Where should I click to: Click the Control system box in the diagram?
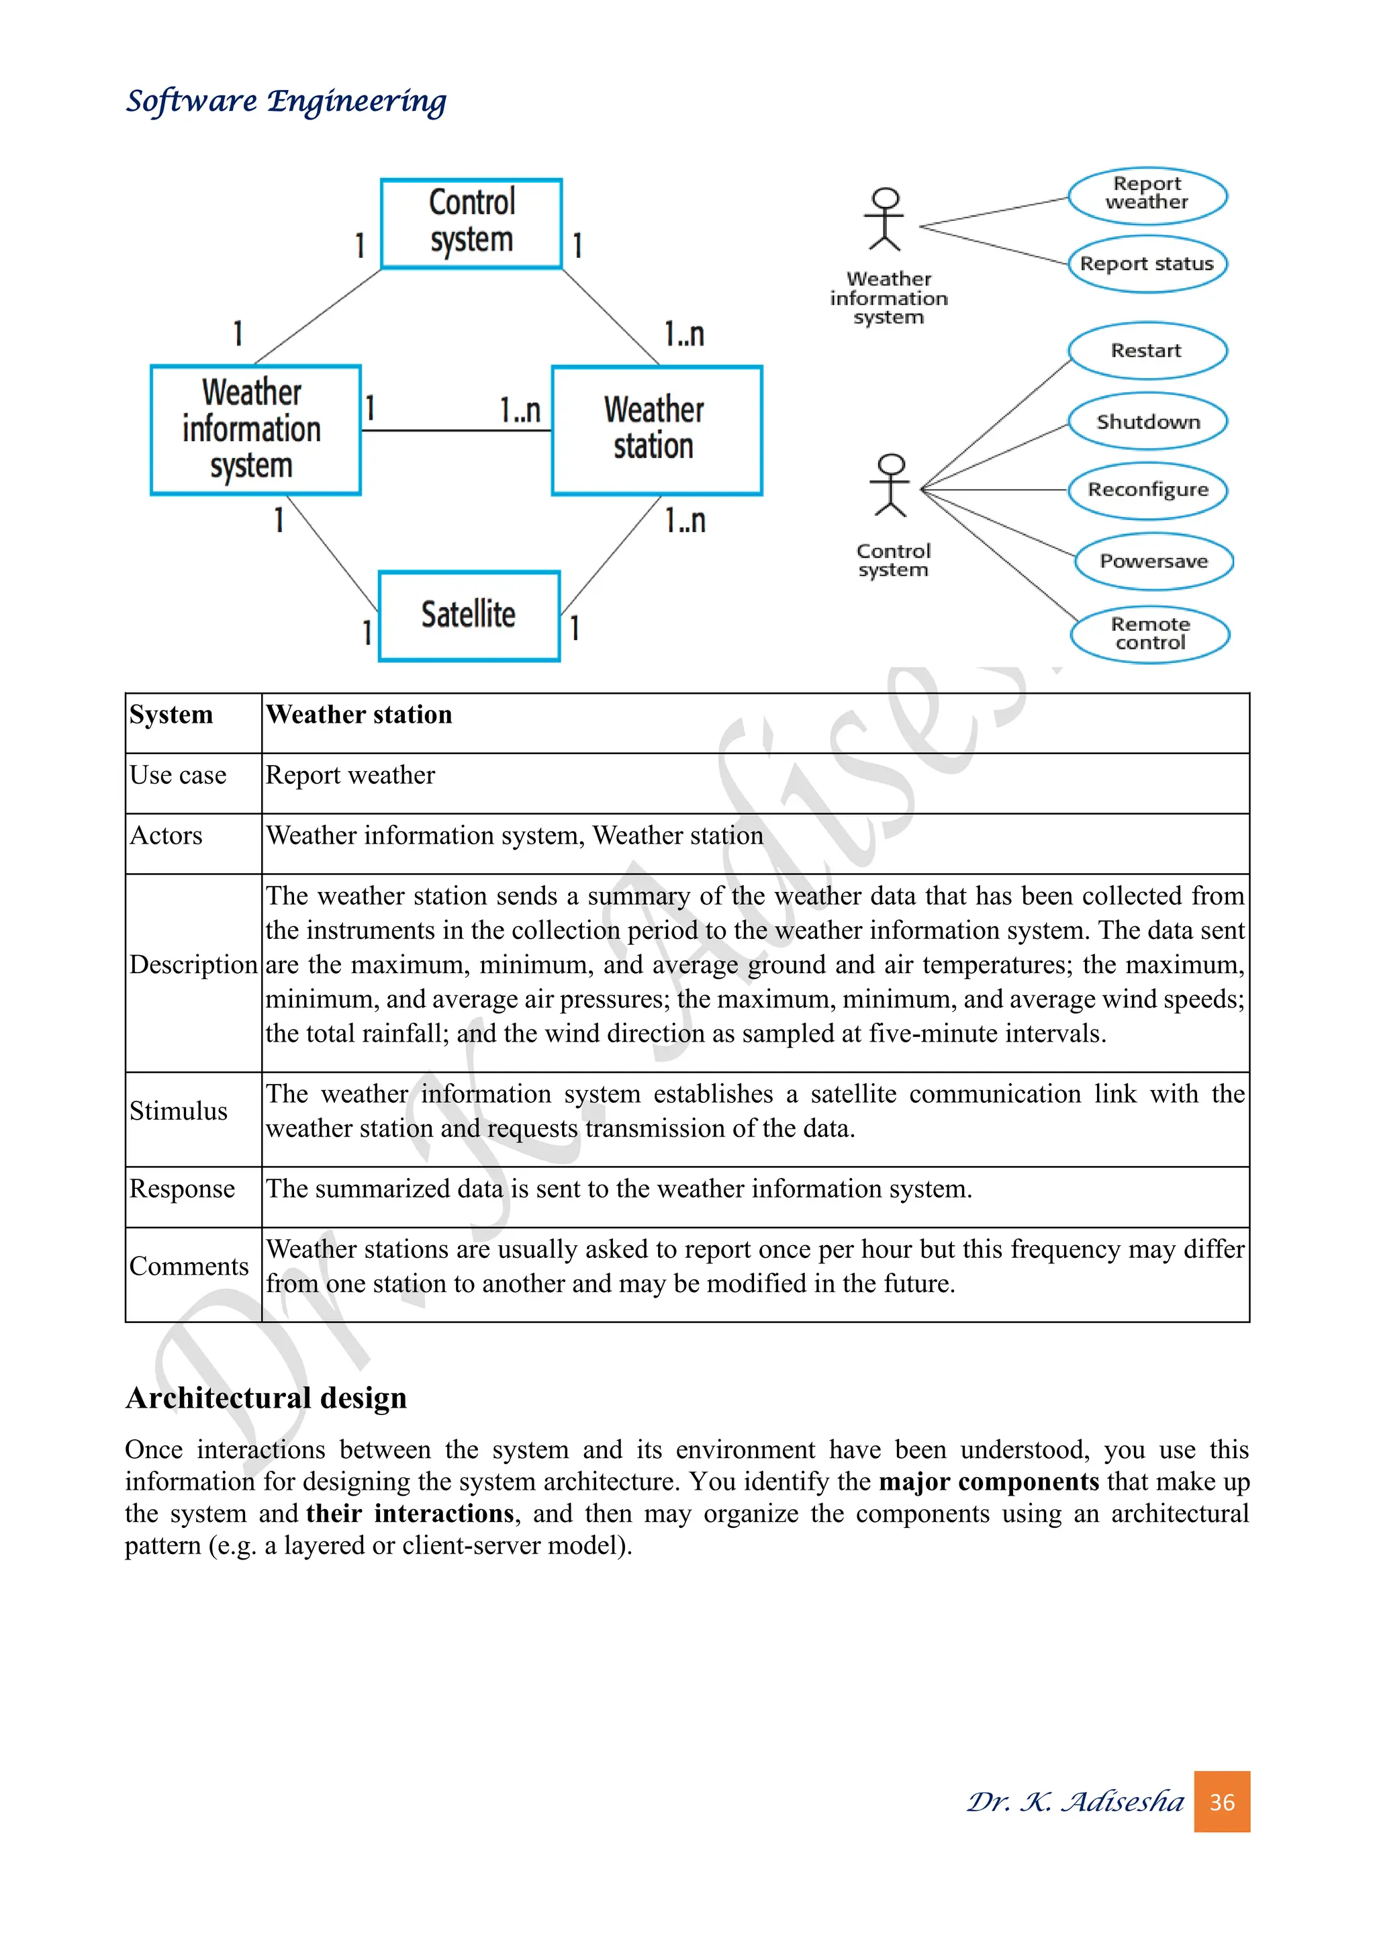(x=471, y=224)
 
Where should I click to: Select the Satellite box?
(x=469, y=616)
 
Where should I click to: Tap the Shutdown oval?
(x=1147, y=421)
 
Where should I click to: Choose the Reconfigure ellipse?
(x=1147, y=490)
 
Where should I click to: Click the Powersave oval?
(x=1153, y=561)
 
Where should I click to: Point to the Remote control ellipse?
(x=1150, y=633)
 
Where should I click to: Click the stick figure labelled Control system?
(x=891, y=486)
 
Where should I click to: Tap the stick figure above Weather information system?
(x=885, y=218)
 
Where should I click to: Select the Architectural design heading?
(x=266, y=1398)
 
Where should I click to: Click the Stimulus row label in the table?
(x=179, y=1111)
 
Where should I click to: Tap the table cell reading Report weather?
(x=350, y=775)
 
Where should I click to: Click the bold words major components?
(x=988, y=1482)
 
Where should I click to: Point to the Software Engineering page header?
(x=286, y=101)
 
